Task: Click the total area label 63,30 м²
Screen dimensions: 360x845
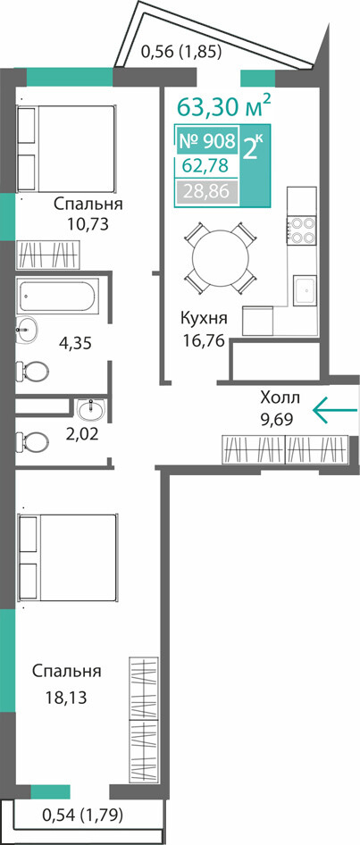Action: [223, 106]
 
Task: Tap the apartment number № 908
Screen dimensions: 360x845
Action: [206, 141]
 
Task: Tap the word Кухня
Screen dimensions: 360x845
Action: [203, 319]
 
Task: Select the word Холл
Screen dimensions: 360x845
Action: [280, 398]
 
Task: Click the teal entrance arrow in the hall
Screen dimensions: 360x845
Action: [335, 411]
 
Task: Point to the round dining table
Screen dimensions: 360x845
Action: [220, 258]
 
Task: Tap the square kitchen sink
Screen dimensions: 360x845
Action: [304, 290]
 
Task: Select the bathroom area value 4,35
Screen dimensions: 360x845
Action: [75, 343]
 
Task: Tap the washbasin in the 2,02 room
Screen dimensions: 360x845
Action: [92, 410]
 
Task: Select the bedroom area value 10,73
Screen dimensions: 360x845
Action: [88, 223]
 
